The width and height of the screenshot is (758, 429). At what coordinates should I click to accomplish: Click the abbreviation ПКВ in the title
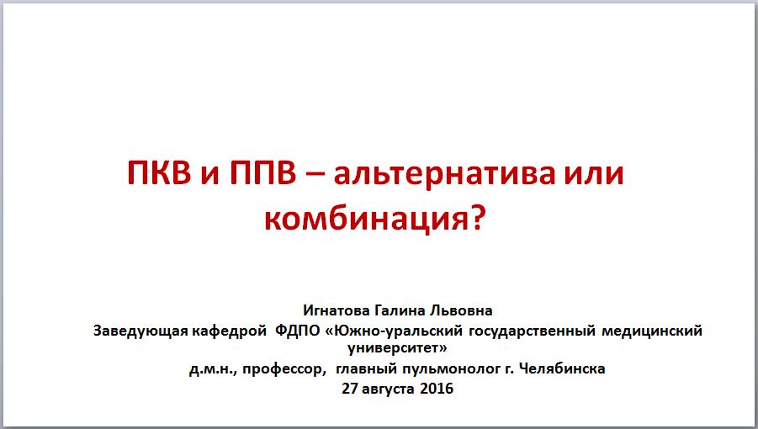159,173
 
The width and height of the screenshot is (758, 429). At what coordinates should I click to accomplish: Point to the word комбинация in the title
367,219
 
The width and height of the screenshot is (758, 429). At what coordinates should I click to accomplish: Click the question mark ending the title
477,217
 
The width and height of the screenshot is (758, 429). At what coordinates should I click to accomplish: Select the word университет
394,348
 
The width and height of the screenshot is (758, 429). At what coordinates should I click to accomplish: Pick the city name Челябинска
562,368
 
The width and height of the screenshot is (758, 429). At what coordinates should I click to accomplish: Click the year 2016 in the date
437,388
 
